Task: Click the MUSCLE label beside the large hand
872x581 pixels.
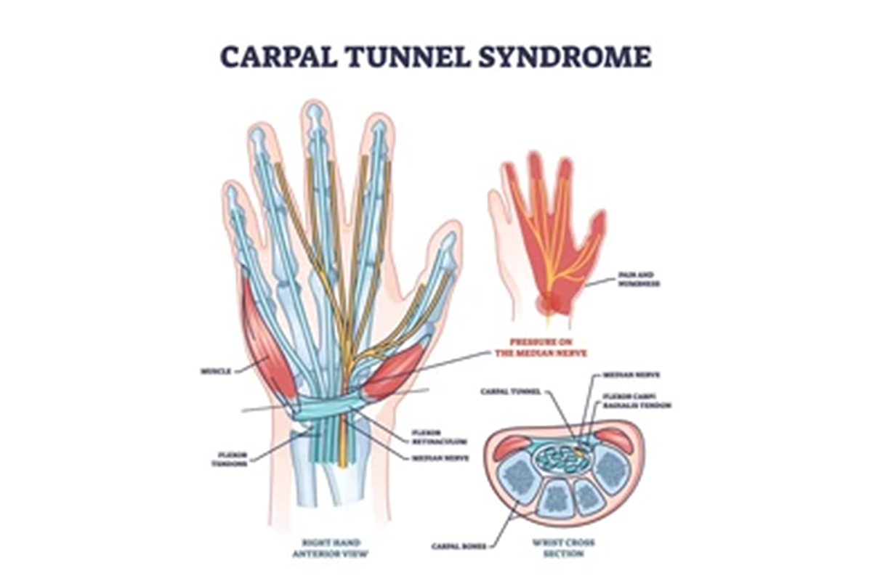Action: coord(215,371)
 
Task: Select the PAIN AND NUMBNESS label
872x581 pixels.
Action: coord(639,280)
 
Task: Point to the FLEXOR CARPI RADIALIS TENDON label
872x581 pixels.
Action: coord(637,401)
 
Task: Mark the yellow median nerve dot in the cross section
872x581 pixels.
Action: coord(578,451)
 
